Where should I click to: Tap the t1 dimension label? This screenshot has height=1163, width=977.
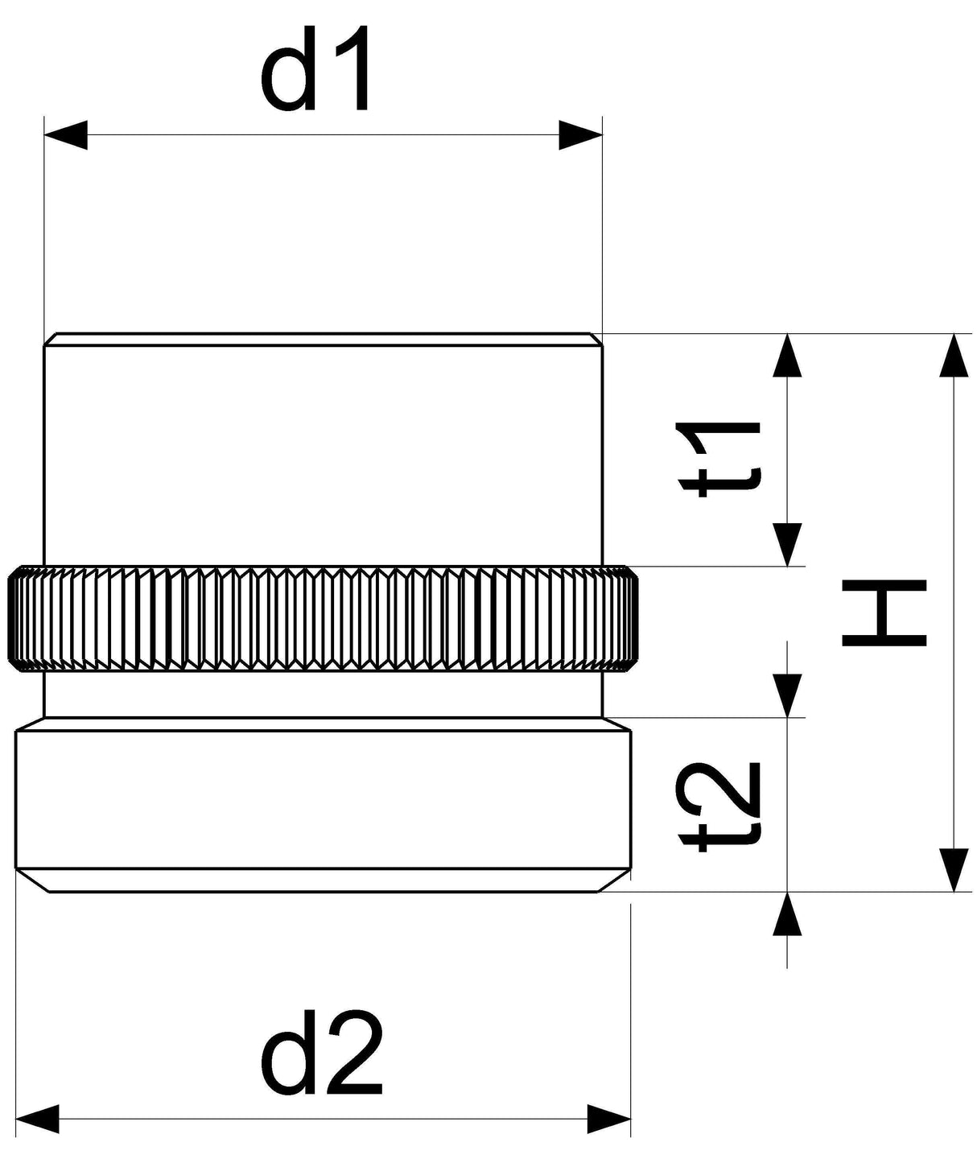tap(718, 459)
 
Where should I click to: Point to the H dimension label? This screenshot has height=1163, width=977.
tap(884, 612)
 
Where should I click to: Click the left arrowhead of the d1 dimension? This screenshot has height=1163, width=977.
tap(66, 134)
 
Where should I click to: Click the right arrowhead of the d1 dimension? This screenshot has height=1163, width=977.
tap(580, 134)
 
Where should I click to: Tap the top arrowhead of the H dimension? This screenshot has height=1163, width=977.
tap(954, 356)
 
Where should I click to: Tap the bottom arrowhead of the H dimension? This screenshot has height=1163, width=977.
tap(954, 871)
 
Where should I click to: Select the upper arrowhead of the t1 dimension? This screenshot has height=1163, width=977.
tap(787, 356)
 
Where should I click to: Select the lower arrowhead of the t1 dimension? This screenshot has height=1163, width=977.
tap(787, 545)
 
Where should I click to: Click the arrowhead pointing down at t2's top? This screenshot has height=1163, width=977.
tap(787, 695)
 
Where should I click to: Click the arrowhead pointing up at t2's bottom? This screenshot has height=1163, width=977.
tap(787, 914)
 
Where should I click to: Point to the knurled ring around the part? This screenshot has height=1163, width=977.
tap(323, 619)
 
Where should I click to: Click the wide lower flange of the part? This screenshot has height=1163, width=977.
tap(323, 805)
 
